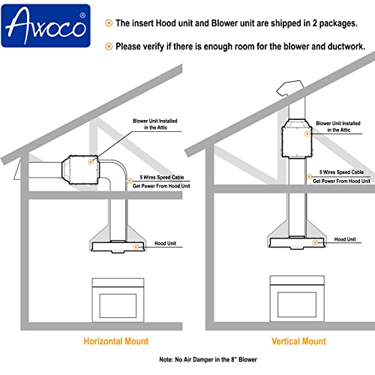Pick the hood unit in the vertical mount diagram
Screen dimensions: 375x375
click(298, 240)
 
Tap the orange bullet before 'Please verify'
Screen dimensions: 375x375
click(109, 46)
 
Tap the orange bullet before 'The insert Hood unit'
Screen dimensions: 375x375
click(109, 23)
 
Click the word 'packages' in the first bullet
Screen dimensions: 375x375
click(338, 23)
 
